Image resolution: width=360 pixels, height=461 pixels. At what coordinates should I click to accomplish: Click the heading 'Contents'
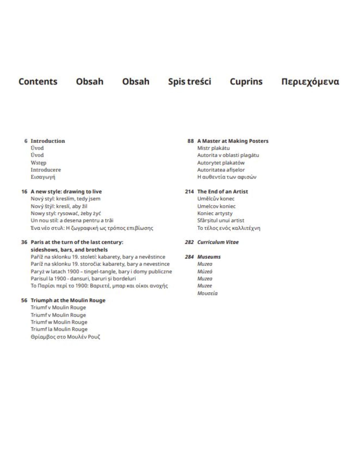click(x=38, y=82)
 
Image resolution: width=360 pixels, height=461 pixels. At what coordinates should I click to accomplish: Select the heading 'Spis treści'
click(x=190, y=82)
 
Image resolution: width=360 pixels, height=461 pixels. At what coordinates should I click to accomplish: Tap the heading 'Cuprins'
click(x=246, y=82)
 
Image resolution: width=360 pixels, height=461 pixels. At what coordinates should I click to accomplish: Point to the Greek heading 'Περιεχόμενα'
click(x=310, y=82)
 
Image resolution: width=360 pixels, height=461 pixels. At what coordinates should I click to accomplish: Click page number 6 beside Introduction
click(x=26, y=141)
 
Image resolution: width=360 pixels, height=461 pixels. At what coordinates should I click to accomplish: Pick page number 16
click(x=24, y=192)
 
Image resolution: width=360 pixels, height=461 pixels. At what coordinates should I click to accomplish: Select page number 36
click(x=24, y=242)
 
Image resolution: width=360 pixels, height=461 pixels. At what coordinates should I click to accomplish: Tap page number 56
click(x=24, y=300)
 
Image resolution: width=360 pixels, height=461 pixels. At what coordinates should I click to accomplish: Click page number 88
click(x=190, y=141)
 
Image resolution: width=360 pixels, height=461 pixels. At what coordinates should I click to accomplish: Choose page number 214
click(x=189, y=192)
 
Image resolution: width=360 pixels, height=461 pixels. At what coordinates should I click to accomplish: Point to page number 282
click(x=189, y=242)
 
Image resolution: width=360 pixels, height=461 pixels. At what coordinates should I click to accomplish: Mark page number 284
click(x=189, y=257)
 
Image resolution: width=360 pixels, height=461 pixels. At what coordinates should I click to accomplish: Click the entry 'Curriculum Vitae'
click(x=218, y=242)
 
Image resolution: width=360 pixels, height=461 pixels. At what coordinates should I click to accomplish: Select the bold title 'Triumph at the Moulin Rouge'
click(x=68, y=300)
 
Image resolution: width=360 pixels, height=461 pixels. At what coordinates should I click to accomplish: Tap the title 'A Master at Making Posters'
click(x=233, y=141)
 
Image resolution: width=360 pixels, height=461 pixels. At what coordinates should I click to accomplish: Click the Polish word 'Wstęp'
click(x=39, y=163)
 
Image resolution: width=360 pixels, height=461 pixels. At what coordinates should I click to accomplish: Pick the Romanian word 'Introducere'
click(x=46, y=170)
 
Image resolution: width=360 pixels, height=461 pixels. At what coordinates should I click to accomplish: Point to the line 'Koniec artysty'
click(x=215, y=213)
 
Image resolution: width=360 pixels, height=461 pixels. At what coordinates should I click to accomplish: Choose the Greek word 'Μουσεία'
click(x=207, y=293)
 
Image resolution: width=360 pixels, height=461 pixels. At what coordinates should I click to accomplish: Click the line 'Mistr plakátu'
click(x=213, y=148)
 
